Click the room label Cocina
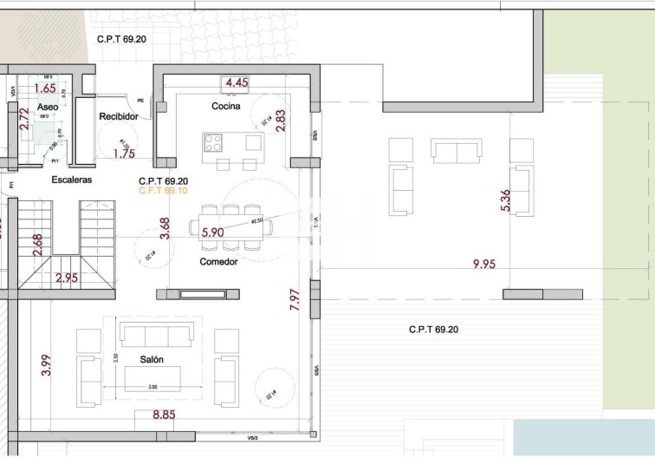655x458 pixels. click(225, 106)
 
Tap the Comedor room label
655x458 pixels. click(218, 261)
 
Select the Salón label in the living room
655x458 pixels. click(152, 359)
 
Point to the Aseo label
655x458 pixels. click(48, 106)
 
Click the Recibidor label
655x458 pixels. click(119, 115)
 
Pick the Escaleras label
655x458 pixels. click(72, 180)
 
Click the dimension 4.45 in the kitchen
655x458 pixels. click(237, 83)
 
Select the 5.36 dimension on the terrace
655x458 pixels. click(507, 200)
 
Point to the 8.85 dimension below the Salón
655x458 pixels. click(164, 415)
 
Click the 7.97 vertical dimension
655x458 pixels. click(295, 300)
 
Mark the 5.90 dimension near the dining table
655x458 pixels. click(212, 232)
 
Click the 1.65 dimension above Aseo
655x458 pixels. click(44, 88)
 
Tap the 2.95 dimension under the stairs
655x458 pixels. click(68, 278)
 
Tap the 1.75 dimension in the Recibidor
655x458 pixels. click(125, 154)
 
